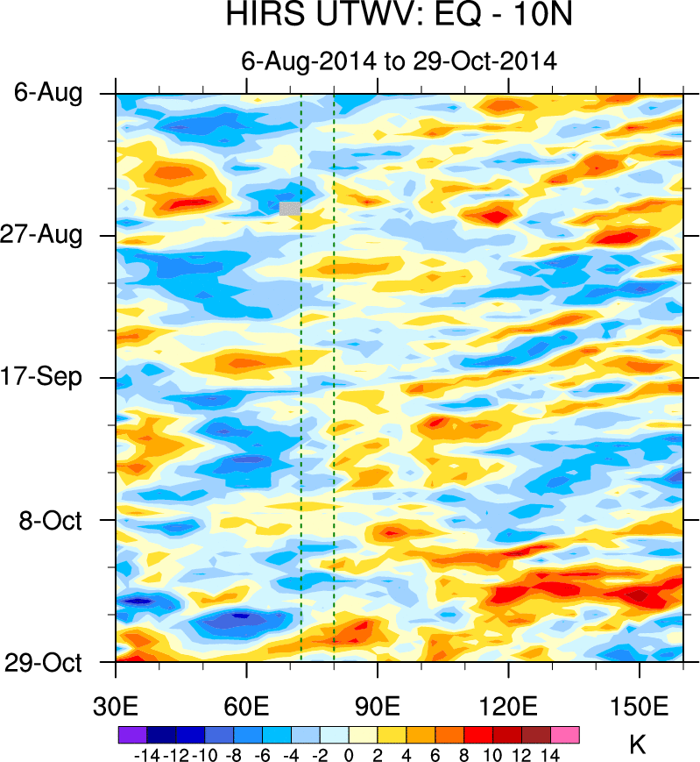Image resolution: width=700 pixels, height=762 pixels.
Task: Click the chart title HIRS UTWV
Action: tap(399, 18)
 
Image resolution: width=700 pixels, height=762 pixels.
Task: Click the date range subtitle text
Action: tap(399, 61)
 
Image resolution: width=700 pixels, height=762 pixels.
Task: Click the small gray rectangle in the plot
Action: tap(290, 208)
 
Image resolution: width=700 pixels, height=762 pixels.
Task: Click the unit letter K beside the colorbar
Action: tap(638, 744)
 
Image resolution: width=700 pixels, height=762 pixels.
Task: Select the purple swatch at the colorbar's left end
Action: tap(131, 735)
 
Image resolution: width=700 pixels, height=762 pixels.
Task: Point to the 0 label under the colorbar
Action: tap(349, 754)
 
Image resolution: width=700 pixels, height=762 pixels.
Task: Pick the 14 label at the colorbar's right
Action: tap(550, 754)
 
